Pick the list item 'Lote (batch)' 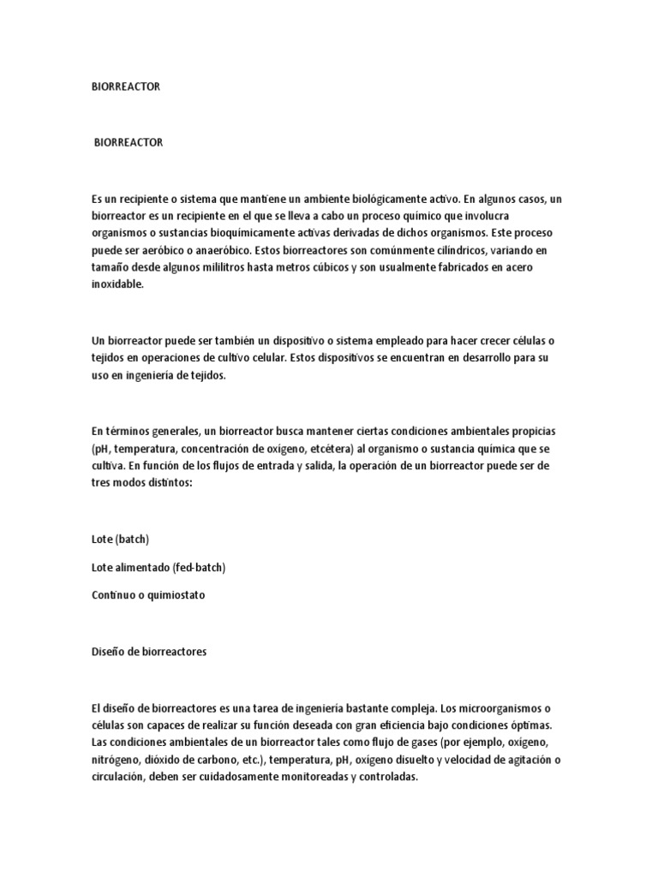[121, 539]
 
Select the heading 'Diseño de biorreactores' [149, 651]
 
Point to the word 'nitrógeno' [116, 760]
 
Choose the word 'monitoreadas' [309, 778]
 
